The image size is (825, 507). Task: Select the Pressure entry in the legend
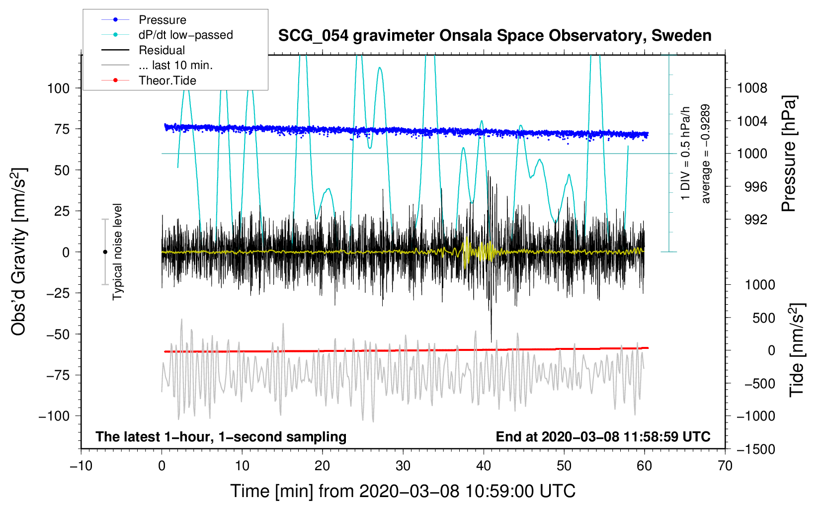(x=163, y=19)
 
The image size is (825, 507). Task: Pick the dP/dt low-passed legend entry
(x=186, y=35)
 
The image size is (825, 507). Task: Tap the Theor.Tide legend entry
(x=167, y=81)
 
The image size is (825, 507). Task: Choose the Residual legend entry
(x=162, y=50)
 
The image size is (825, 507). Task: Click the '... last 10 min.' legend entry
(x=175, y=65)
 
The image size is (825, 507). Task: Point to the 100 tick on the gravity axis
(x=58, y=88)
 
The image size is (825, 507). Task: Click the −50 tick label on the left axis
(x=58, y=335)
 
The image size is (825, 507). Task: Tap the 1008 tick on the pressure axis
(x=752, y=88)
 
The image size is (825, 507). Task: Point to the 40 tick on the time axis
(x=483, y=466)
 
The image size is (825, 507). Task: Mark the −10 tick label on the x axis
(x=81, y=466)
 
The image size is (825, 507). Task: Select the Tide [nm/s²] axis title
(x=797, y=350)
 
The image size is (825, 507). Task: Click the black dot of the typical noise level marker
(x=105, y=252)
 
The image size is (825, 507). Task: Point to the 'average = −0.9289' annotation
(x=705, y=154)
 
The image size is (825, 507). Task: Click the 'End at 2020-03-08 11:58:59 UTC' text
(x=603, y=436)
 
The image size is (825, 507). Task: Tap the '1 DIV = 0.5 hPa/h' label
(x=685, y=154)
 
